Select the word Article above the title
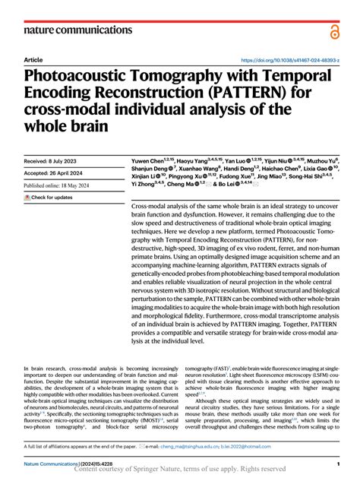click(x=33, y=59)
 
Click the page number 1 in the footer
click(x=336, y=463)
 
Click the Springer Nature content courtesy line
click(x=181, y=470)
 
